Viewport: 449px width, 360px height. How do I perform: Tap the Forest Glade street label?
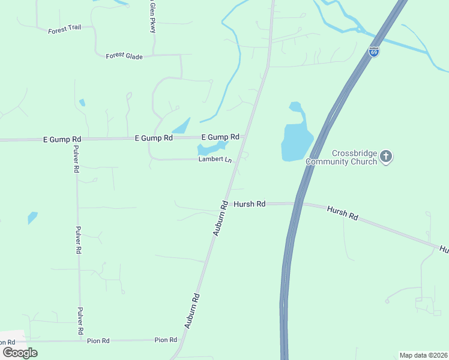124,56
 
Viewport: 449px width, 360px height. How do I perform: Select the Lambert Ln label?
215,160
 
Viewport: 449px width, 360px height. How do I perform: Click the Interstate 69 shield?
374,52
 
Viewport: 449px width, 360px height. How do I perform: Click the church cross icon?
386,157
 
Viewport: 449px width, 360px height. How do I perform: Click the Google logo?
20,352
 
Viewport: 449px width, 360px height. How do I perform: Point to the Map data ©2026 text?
423,355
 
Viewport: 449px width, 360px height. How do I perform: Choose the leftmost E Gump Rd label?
62,139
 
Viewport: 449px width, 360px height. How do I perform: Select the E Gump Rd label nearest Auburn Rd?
220,137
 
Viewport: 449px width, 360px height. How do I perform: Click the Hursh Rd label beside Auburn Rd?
249,204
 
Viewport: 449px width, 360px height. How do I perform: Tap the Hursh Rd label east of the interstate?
343,212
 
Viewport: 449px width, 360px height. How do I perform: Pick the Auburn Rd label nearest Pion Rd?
192,311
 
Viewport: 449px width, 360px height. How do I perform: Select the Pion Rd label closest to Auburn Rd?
166,340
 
